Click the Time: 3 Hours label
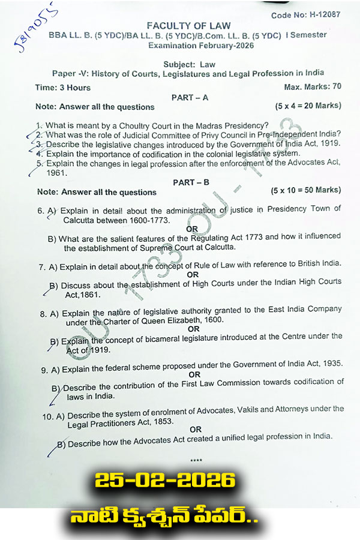click(63, 88)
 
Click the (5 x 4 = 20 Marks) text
click(308, 106)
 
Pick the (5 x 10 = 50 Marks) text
click(305, 190)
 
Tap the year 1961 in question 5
click(56, 173)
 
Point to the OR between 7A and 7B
click(193, 274)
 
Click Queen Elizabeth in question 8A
click(175, 320)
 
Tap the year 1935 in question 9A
click(331, 363)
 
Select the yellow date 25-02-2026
click(164, 480)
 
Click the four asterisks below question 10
click(196, 460)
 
